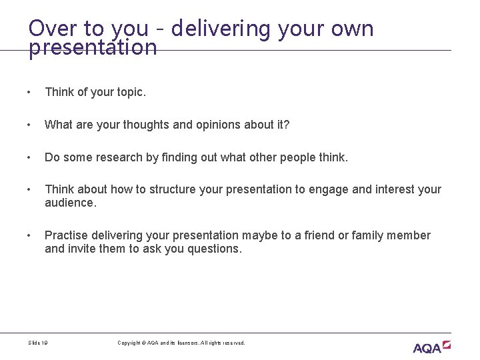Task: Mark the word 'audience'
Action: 70,203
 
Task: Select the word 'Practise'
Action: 65,235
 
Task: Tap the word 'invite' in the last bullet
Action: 82,249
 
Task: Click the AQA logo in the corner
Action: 431,347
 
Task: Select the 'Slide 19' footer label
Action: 38,343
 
